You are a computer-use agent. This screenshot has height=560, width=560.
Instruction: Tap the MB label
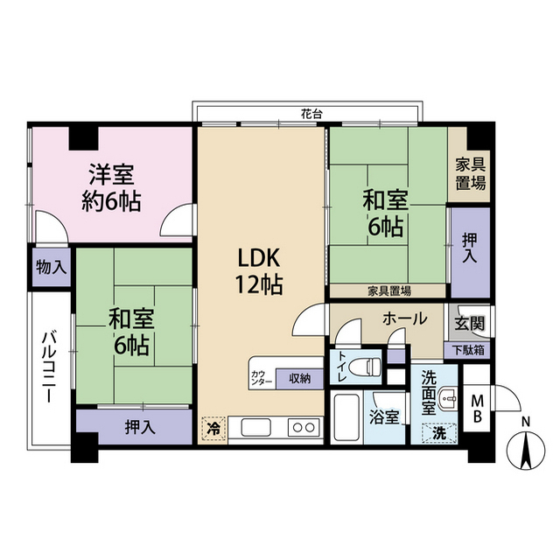[478, 408]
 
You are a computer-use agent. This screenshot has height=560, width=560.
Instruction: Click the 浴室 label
[384, 418]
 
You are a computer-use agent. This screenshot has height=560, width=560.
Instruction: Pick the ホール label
[405, 318]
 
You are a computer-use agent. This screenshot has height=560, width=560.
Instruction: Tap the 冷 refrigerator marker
[213, 429]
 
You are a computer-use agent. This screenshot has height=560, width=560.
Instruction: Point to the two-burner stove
[303, 428]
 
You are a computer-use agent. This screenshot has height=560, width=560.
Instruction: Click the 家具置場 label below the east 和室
[388, 291]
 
